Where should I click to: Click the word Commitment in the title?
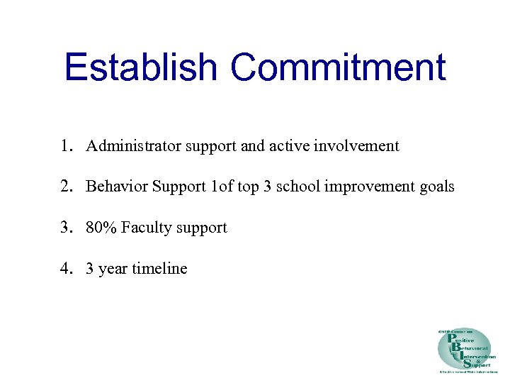click(338, 67)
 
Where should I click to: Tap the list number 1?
click(66, 146)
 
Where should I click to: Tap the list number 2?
click(66, 187)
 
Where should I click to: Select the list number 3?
click(66, 228)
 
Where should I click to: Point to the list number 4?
click(66, 269)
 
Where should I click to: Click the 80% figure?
click(101, 228)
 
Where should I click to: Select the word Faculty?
click(147, 228)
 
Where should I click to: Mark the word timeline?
click(161, 269)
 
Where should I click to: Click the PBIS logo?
click(464, 350)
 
